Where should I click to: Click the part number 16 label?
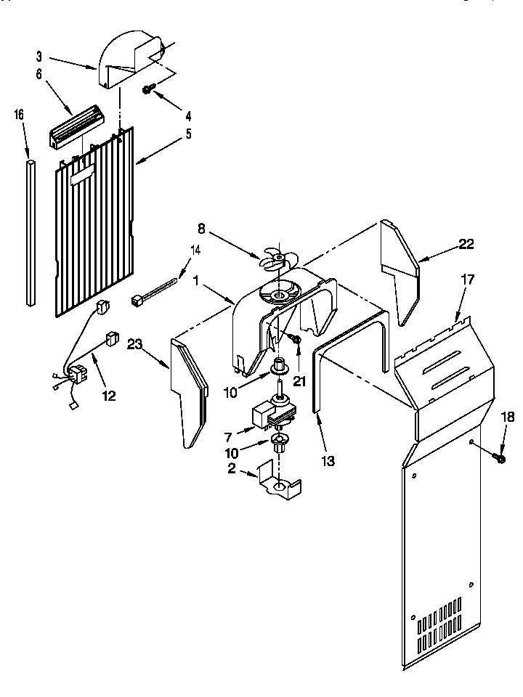click(x=19, y=114)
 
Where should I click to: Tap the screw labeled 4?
click(x=149, y=89)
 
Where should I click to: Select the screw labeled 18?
click(x=500, y=457)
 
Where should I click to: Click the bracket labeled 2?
click(x=280, y=483)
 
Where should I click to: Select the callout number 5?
click(x=188, y=133)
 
